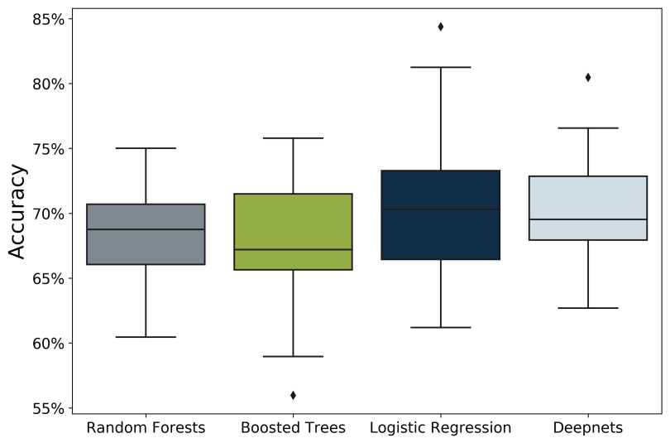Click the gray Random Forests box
click(x=146, y=234)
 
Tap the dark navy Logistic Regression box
click(x=440, y=215)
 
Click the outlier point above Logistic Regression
click(x=440, y=26)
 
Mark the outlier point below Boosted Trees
click(x=293, y=395)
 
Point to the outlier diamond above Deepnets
click(x=588, y=77)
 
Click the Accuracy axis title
click(x=17, y=211)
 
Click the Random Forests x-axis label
click(x=146, y=428)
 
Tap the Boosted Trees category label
click(x=293, y=428)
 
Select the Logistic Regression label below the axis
click(x=440, y=428)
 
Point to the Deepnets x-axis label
click(x=587, y=428)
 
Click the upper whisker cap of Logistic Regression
click(x=440, y=67)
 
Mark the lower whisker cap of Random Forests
click(x=146, y=337)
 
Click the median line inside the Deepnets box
click(x=587, y=219)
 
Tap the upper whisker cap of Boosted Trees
click(x=293, y=138)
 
